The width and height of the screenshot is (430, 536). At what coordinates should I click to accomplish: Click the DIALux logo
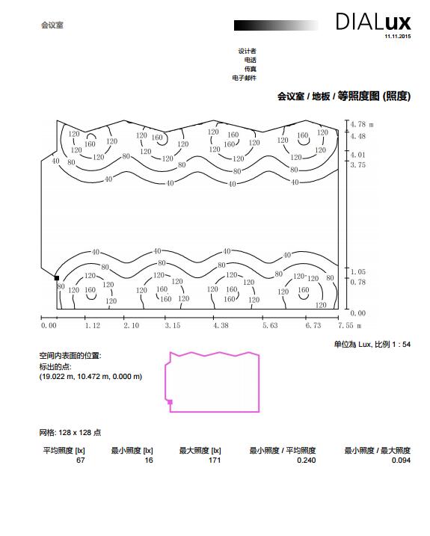pos(373,22)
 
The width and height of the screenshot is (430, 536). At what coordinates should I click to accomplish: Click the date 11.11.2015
pos(398,36)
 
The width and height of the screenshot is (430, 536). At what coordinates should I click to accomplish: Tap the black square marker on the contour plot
pos(57,278)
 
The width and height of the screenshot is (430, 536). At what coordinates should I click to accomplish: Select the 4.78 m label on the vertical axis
pos(362,124)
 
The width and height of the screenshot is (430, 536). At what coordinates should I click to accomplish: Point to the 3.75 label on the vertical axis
pos(357,164)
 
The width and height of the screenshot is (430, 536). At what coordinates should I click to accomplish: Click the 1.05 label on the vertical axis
pos(357,272)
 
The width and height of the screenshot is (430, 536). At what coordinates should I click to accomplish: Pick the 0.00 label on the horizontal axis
pos(49,325)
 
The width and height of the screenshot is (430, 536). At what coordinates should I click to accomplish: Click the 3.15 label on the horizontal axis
pos(173,325)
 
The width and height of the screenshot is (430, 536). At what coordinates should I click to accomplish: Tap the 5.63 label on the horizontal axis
pos(270,325)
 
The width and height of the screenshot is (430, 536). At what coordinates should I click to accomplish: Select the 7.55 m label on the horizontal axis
pos(350,325)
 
